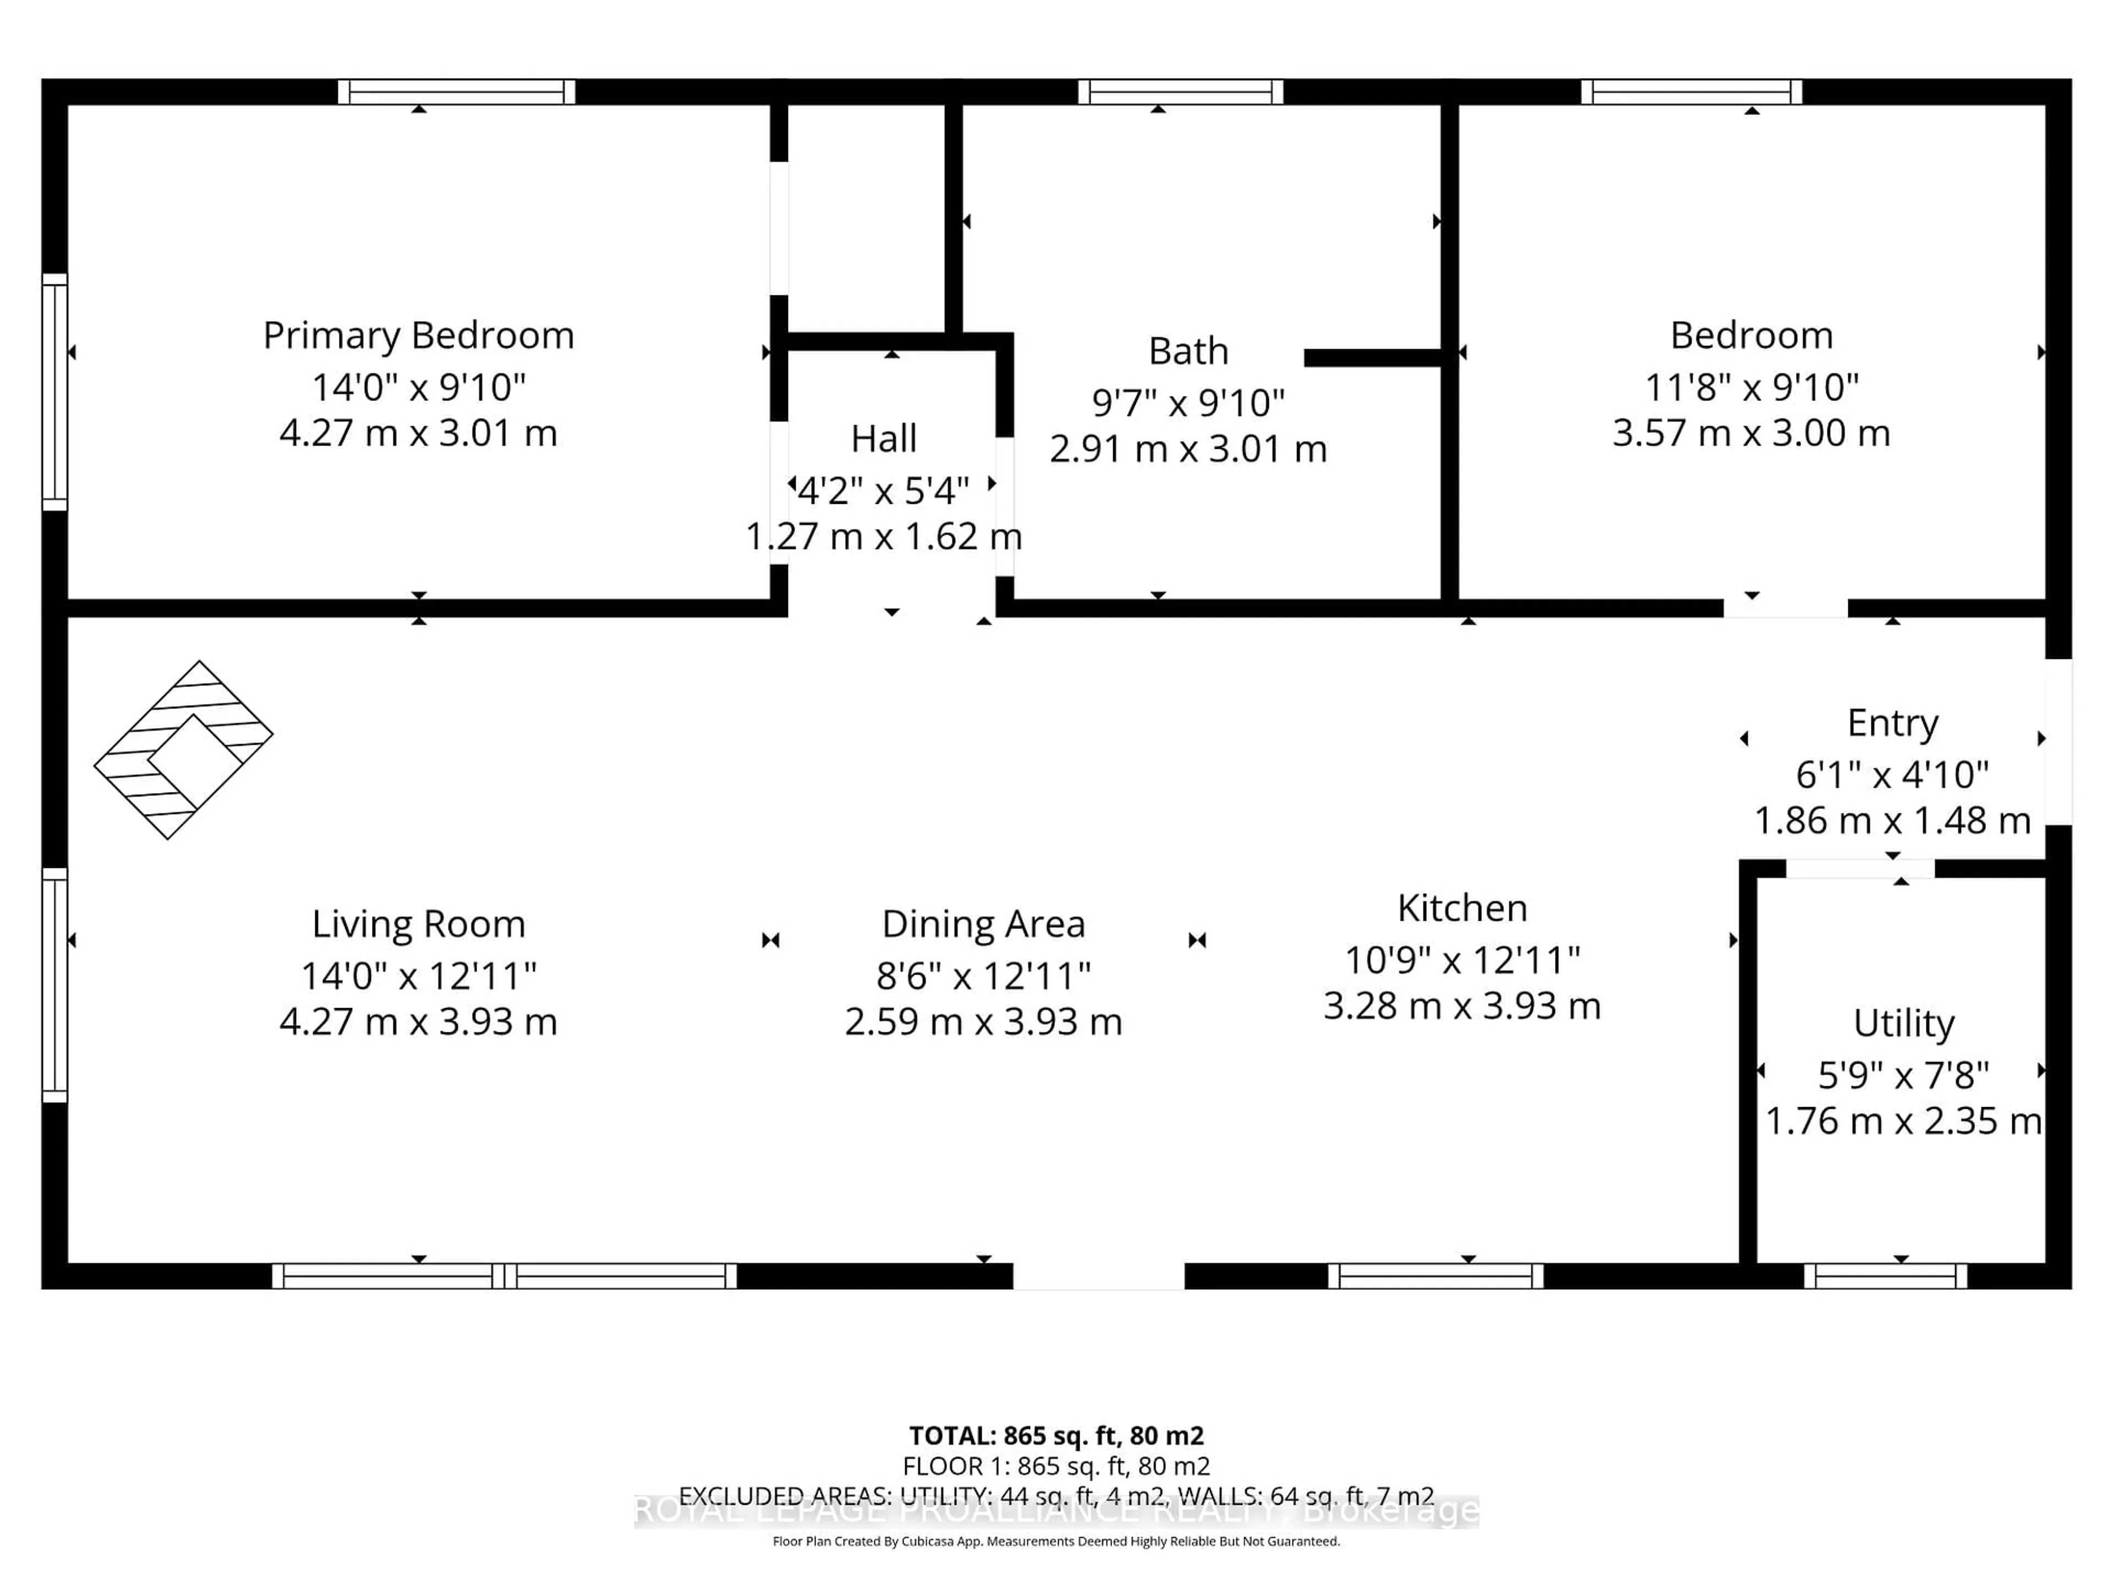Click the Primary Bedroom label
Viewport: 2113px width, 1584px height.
(x=418, y=335)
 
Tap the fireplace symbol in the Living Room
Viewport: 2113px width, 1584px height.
(x=183, y=750)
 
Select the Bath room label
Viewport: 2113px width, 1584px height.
(x=1187, y=351)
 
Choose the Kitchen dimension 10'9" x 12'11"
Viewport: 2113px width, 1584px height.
(x=1461, y=959)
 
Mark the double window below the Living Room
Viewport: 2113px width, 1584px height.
(x=505, y=1275)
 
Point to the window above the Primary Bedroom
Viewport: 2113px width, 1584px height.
(x=457, y=92)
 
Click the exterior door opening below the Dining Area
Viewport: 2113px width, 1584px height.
(x=1098, y=1275)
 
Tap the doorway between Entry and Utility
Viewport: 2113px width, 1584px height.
(x=1860, y=868)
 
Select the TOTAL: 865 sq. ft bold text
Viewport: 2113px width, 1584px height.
(x=1055, y=1435)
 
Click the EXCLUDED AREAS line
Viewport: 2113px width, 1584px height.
(x=1055, y=1495)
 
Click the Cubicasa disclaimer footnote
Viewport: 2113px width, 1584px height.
(x=1055, y=1541)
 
